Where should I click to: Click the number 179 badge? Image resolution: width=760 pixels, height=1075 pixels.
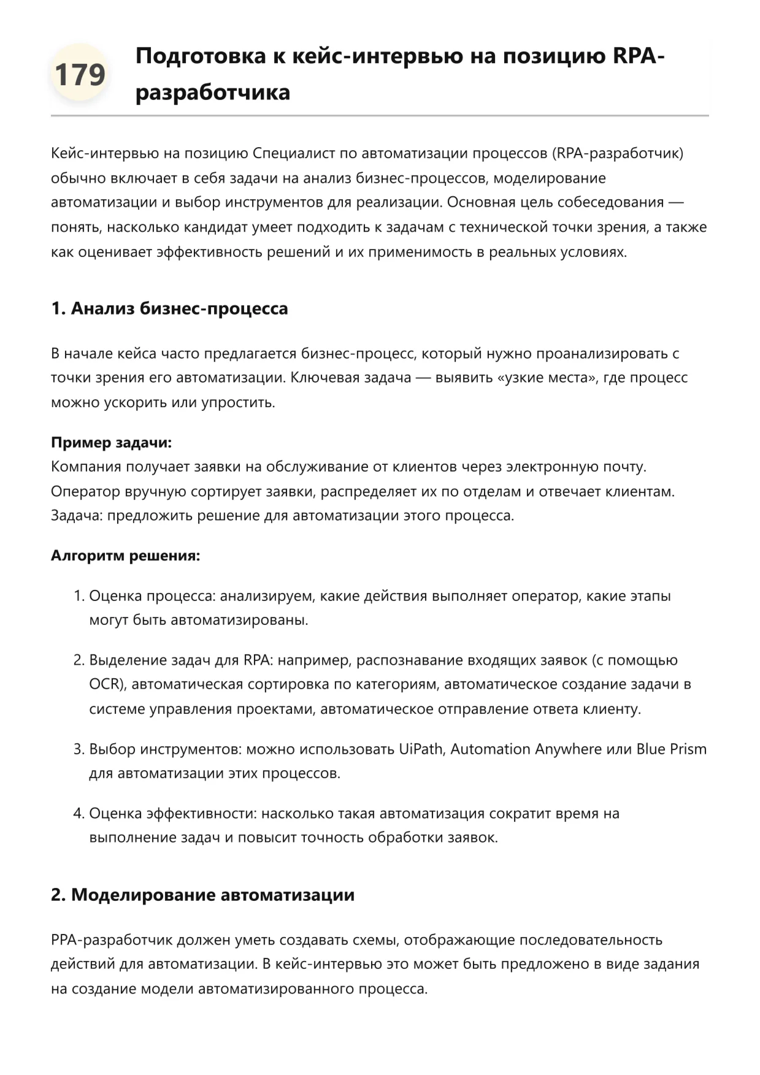point(80,75)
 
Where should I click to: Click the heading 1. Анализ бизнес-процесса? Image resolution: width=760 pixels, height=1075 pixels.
point(169,308)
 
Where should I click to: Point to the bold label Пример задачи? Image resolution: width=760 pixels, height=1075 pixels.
point(111,442)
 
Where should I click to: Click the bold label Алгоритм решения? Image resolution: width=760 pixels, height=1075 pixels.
point(125,556)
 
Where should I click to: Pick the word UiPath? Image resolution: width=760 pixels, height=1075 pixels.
point(421,749)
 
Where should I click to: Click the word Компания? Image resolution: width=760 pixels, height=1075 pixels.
point(86,467)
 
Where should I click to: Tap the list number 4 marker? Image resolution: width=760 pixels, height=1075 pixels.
point(79,813)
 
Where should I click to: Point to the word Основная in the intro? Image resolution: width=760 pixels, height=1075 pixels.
point(485,202)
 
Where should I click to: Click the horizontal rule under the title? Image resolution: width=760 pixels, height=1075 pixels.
point(380,115)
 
